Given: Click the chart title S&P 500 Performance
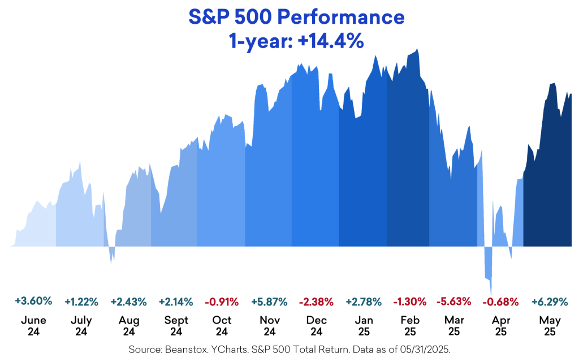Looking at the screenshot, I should (x=289, y=18).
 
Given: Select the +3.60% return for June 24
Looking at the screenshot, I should (x=33, y=300).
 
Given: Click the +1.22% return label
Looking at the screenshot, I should (x=81, y=301).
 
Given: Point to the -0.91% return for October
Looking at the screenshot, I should (x=222, y=301).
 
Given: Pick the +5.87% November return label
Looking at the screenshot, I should (x=270, y=301).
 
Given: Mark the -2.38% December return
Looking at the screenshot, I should (x=316, y=301).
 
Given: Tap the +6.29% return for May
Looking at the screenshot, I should (x=550, y=301).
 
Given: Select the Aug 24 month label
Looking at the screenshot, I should (x=129, y=325).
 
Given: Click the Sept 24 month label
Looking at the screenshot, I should (x=176, y=325).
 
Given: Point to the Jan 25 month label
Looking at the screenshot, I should (x=363, y=325).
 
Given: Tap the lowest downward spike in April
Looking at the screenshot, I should (x=490, y=291).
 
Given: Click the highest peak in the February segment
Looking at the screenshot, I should (x=417, y=50).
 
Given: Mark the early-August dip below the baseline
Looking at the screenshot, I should (x=112, y=260).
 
